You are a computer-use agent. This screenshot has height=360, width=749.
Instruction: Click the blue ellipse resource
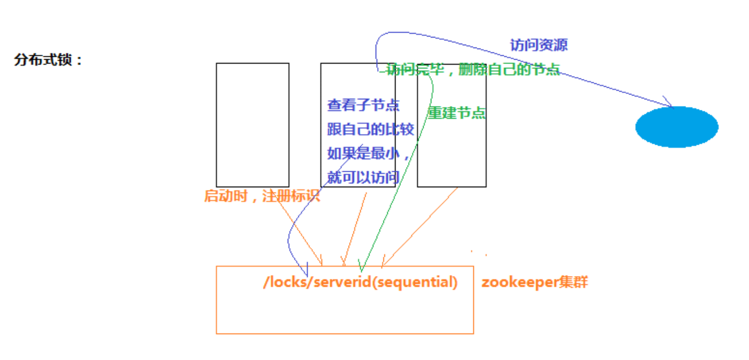point(677,127)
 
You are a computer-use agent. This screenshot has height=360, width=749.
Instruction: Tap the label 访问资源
point(539,45)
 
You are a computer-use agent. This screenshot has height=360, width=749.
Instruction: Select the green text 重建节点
point(457,113)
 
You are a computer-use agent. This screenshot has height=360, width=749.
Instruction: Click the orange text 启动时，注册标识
point(262,196)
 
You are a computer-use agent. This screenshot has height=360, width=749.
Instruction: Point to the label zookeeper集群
point(534,282)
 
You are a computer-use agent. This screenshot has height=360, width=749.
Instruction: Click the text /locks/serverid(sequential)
point(361,282)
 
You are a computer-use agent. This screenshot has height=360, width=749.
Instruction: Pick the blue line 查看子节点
point(363,105)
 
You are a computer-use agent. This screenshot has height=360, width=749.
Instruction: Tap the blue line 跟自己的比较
point(370,130)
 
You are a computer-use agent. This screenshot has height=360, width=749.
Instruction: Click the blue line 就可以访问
point(363,178)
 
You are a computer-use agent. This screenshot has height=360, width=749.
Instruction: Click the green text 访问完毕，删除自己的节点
point(473,70)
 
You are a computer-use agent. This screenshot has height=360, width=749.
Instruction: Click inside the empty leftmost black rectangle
point(252,125)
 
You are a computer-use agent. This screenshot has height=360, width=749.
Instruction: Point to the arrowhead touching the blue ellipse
point(669,103)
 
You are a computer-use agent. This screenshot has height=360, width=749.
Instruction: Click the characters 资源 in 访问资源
point(553,45)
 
